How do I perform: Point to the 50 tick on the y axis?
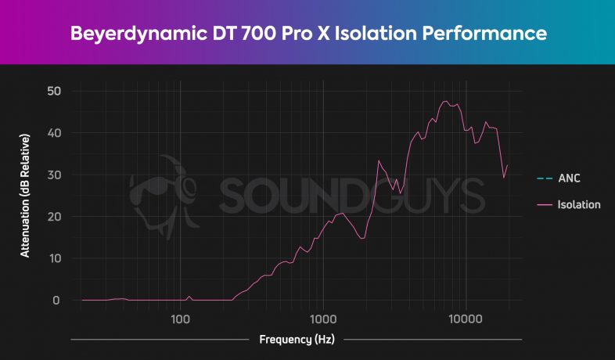[x=54, y=91]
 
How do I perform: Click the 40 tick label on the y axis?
[x=54, y=133]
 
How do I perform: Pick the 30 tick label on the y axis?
[x=54, y=175]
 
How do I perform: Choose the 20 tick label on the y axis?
[x=54, y=217]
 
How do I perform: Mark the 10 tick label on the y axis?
[x=54, y=258]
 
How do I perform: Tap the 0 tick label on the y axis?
[x=56, y=301]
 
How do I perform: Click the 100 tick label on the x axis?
[x=181, y=319]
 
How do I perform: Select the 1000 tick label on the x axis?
[x=323, y=319]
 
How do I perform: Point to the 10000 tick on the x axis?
[x=466, y=319]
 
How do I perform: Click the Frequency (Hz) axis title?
[x=297, y=340]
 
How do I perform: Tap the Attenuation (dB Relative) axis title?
[x=25, y=196]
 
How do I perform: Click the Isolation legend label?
[x=579, y=205]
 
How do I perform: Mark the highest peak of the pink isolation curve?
[x=445, y=101]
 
